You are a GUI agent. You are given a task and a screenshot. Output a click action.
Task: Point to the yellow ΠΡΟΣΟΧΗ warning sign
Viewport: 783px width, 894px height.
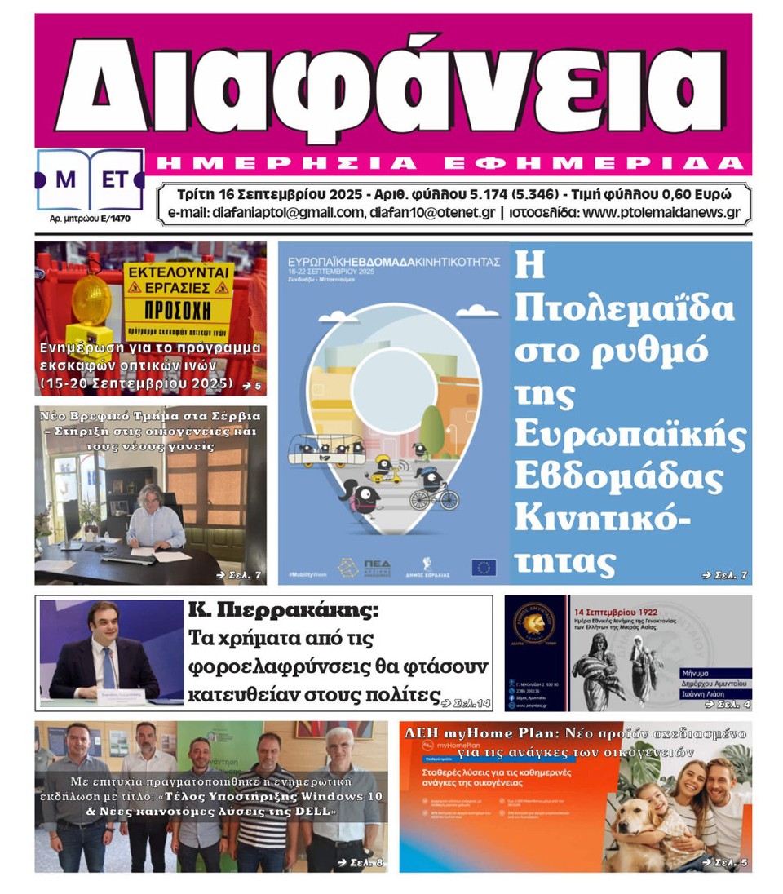tap(178, 311)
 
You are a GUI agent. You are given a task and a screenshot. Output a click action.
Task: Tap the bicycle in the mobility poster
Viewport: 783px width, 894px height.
tap(434, 494)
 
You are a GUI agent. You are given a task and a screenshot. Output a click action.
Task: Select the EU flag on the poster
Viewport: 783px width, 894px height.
tap(483, 567)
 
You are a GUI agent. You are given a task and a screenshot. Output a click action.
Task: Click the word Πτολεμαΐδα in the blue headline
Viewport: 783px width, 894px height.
tap(626, 309)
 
